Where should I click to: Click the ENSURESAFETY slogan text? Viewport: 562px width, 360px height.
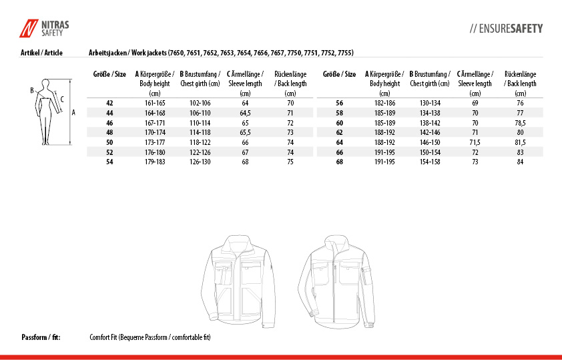click(507, 29)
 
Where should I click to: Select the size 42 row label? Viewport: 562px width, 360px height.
click(110, 103)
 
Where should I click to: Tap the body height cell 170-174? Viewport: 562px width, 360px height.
click(155, 132)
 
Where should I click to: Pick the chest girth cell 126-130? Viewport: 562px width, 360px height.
click(200, 162)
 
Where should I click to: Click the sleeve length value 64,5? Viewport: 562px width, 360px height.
click(245, 113)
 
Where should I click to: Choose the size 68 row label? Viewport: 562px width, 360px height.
click(339, 162)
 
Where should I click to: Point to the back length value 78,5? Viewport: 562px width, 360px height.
click(520, 123)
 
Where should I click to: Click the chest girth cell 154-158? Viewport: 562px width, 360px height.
click(430, 162)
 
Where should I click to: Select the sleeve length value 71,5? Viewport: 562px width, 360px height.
click(475, 142)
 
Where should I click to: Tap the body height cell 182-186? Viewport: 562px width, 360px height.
click(384, 103)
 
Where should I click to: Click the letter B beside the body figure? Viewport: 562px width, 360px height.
click(31, 89)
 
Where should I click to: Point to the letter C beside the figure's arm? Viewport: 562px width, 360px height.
click(62, 99)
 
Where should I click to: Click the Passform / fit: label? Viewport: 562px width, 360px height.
click(41, 337)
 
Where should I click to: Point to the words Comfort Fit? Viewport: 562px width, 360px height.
click(103, 337)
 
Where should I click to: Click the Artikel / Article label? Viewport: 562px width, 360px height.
click(41, 52)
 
